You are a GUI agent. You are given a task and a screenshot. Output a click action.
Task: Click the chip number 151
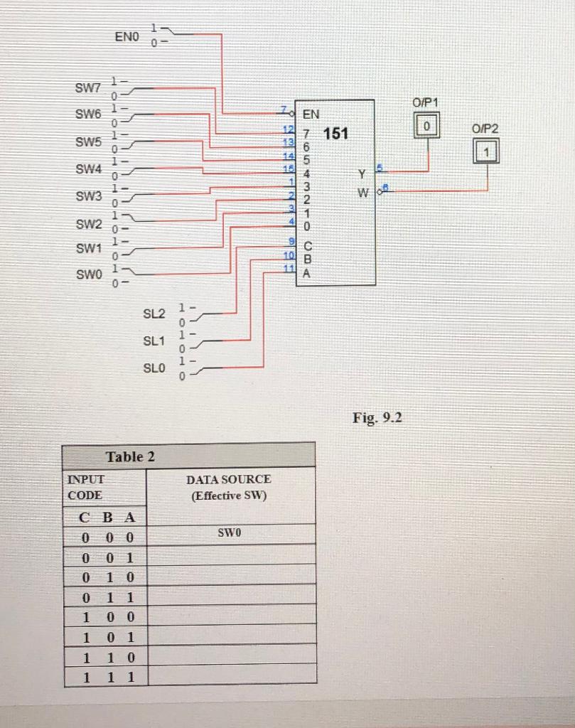point(335,133)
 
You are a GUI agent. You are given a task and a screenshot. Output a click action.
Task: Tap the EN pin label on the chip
point(311,114)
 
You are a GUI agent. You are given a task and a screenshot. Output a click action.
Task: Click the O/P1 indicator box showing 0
point(427,125)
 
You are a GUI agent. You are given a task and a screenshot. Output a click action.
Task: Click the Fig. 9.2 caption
point(377,417)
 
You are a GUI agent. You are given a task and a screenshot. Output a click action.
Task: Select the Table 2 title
point(130,456)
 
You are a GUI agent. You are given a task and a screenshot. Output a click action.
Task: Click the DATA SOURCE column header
point(228,487)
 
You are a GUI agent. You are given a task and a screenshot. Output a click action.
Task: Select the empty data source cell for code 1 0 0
point(231,615)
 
